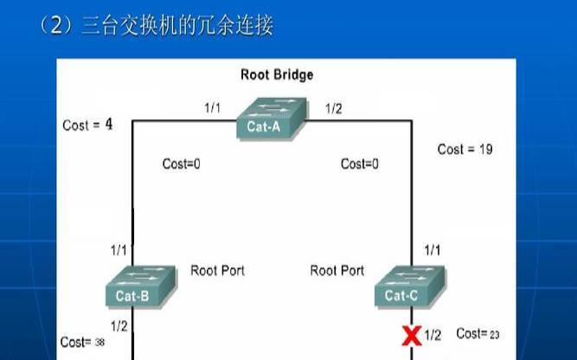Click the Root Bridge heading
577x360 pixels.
pyautogui.click(x=277, y=75)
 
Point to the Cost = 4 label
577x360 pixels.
pyautogui.click(x=88, y=125)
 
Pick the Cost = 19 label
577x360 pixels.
pyautogui.click(x=465, y=149)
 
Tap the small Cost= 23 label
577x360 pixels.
pyautogui.click(x=478, y=333)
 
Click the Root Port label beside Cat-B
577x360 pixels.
pyautogui.click(x=217, y=270)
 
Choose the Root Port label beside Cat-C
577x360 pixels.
pyautogui.click(x=337, y=271)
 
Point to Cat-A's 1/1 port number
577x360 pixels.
pyautogui.click(x=213, y=108)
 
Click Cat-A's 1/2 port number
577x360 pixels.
pyautogui.click(x=334, y=108)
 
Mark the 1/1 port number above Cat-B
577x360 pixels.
pyautogui.click(x=119, y=250)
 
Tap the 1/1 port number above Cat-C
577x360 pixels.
pyautogui.click(x=432, y=250)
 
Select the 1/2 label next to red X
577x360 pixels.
pyautogui.click(x=433, y=335)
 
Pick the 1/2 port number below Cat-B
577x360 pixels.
pyautogui.click(x=119, y=325)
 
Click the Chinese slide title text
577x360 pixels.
pyautogui.click(x=156, y=27)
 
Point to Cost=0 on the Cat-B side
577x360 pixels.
pyautogui.click(x=182, y=164)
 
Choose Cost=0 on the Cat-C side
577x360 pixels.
pyautogui.click(x=360, y=164)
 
